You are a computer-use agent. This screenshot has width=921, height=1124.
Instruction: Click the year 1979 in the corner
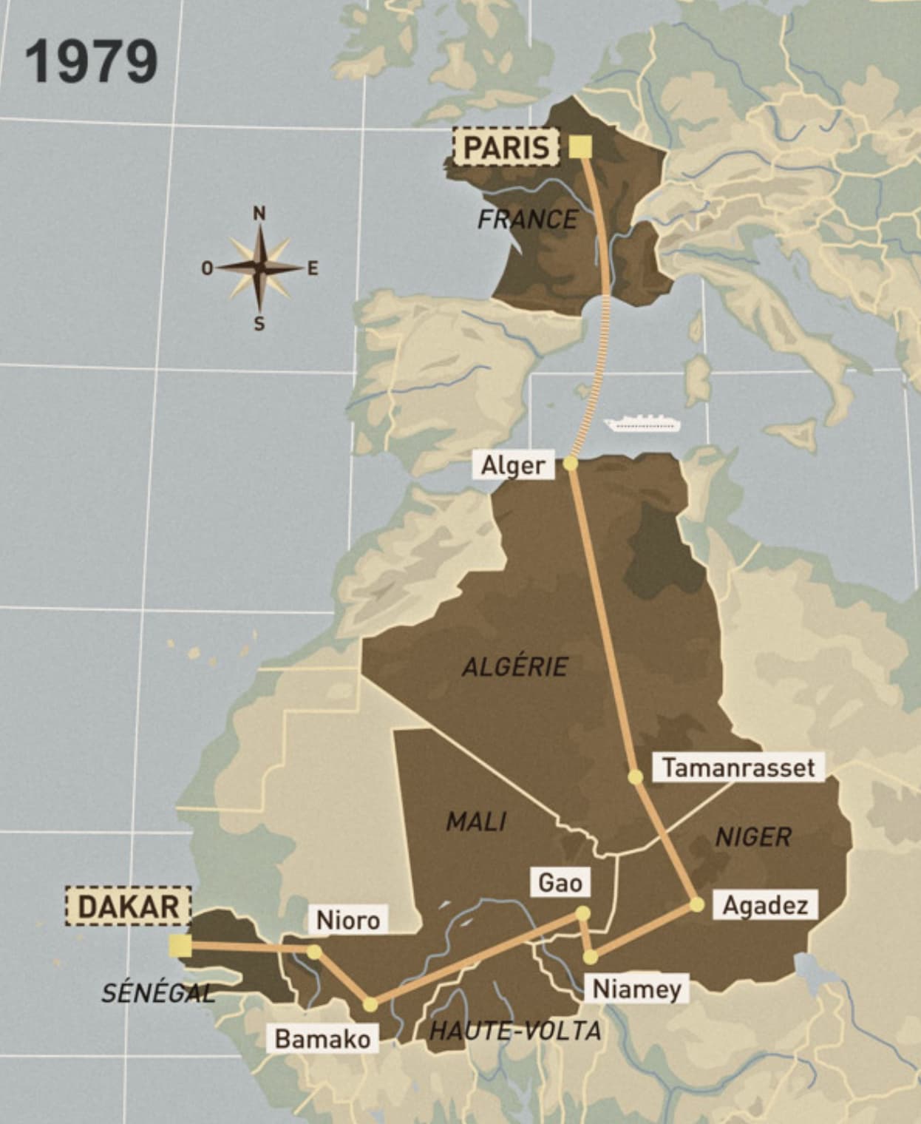(x=92, y=61)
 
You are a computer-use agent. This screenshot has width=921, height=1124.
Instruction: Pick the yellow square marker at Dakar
(x=180, y=945)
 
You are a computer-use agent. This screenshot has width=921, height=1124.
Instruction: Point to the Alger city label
(x=513, y=466)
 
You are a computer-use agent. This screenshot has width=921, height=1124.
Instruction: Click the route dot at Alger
(x=570, y=464)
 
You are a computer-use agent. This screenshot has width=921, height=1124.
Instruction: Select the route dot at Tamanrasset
(x=634, y=776)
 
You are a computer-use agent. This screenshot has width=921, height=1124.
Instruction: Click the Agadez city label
(x=764, y=905)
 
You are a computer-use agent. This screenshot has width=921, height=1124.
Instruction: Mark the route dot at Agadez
(x=696, y=904)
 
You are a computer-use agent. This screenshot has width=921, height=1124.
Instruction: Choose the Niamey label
(x=636, y=989)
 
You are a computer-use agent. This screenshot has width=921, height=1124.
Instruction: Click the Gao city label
(x=560, y=882)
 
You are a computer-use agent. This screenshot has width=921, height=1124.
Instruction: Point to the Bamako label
(x=322, y=1038)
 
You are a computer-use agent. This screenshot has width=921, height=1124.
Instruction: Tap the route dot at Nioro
(x=314, y=952)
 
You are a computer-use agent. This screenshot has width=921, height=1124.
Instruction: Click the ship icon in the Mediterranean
(x=642, y=424)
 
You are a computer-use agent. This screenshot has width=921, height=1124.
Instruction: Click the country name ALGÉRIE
(x=515, y=666)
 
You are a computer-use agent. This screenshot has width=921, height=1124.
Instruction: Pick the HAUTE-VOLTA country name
(x=515, y=1030)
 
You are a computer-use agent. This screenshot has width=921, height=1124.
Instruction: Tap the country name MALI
(x=476, y=821)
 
